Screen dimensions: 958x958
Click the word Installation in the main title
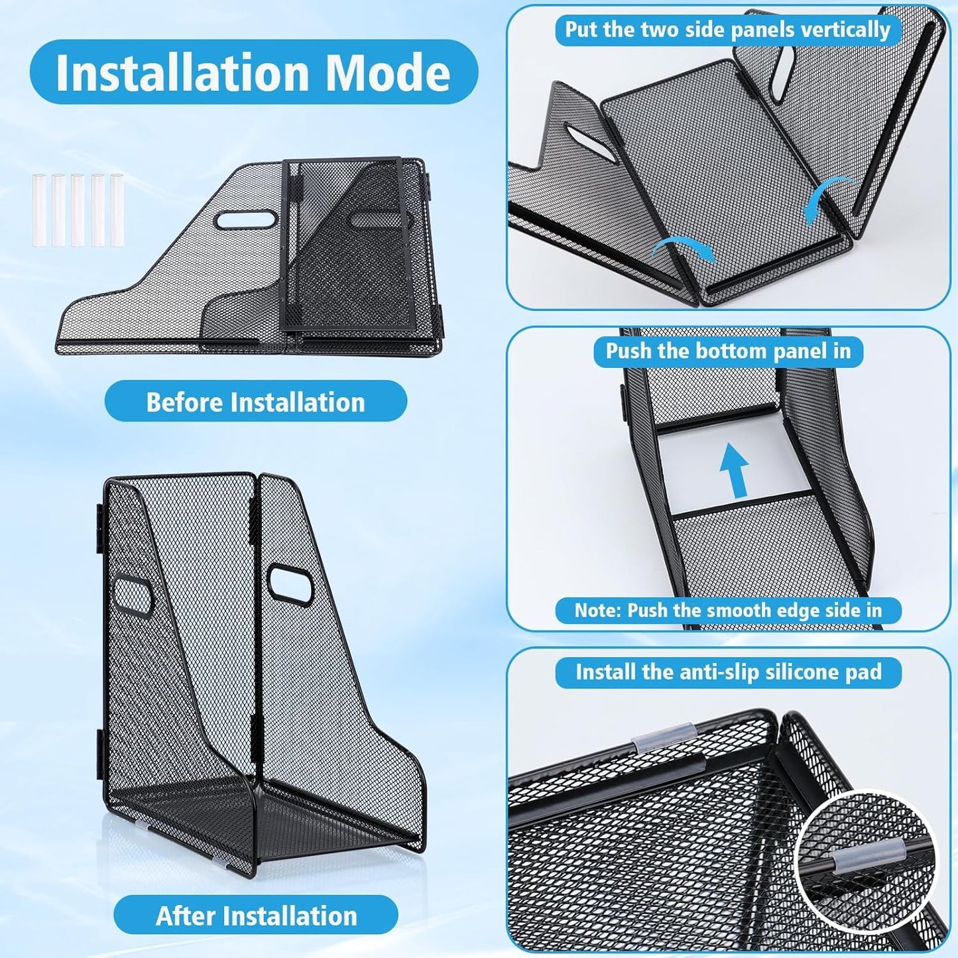183,72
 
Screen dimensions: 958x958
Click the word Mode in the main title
389,72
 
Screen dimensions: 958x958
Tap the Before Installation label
255,402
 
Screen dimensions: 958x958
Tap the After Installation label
256,916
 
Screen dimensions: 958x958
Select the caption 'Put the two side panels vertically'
727,30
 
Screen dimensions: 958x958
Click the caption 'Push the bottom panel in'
728,351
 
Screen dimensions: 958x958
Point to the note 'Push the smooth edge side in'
728,610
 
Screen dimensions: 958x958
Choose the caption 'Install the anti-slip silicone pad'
728,672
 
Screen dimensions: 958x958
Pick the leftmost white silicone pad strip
38,210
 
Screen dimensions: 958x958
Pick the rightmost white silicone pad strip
117,210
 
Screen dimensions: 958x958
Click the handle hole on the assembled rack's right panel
290,583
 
